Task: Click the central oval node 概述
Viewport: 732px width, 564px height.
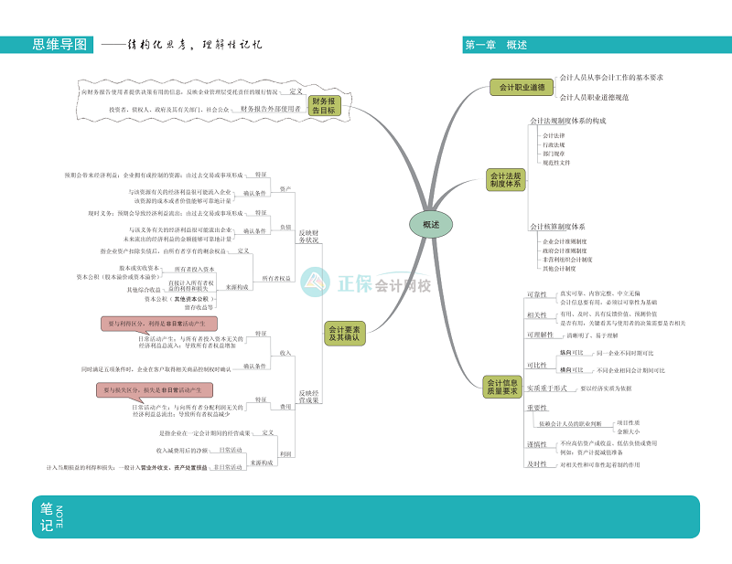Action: (x=430, y=224)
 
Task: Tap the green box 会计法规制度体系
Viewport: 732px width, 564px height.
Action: (x=505, y=179)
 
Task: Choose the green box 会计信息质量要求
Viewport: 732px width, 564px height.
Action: (x=501, y=387)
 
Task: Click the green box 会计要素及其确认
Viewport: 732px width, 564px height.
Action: (x=343, y=333)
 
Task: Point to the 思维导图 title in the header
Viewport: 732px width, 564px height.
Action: (x=59, y=44)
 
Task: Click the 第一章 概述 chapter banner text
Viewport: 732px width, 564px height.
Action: (x=496, y=45)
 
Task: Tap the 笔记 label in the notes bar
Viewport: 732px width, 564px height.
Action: (x=46, y=517)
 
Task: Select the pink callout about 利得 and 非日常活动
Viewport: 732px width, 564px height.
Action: (x=158, y=324)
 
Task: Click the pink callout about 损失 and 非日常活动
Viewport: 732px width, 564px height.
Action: (x=156, y=389)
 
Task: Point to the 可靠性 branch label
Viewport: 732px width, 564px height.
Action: (x=537, y=295)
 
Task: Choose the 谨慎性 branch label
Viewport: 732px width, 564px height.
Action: (x=537, y=445)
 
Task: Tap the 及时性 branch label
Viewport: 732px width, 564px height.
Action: (x=537, y=464)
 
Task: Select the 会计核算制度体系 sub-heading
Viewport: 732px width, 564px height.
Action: (x=557, y=226)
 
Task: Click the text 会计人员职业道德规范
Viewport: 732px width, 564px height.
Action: (x=594, y=97)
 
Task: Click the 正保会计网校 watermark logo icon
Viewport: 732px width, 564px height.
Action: (x=316, y=282)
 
